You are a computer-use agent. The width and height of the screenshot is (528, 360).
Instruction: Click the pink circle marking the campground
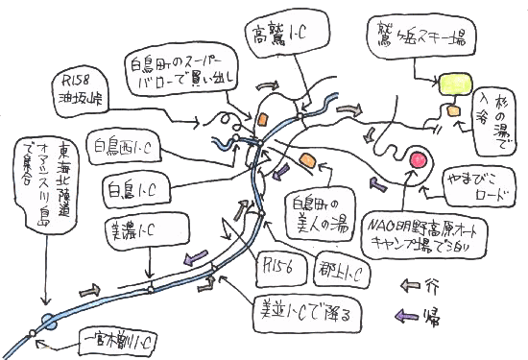click(419, 158)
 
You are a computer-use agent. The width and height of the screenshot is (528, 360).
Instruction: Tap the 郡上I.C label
click(339, 272)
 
